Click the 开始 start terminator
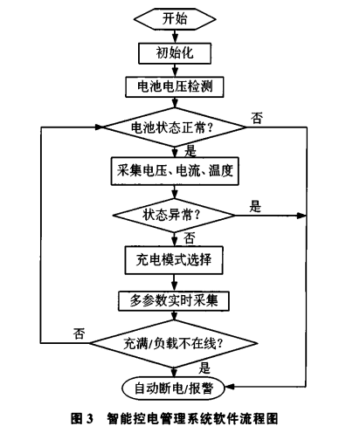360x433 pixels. [175, 18]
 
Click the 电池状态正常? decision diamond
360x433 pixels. [175, 127]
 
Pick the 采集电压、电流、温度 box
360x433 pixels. [175, 168]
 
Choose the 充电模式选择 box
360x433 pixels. [175, 259]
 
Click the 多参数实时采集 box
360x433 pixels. [175, 301]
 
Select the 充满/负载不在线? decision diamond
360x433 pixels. [175, 343]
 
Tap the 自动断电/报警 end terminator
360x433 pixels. [175, 385]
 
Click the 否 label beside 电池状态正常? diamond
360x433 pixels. [257, 117]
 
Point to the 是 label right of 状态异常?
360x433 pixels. [256, 206]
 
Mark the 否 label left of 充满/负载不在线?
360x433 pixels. [80, 333]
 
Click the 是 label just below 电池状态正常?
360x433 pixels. [190, 149]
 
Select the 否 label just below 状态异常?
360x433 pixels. [190, 237]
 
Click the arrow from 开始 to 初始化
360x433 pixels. [175, 34]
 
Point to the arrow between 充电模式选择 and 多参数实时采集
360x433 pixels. [175, 280]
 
